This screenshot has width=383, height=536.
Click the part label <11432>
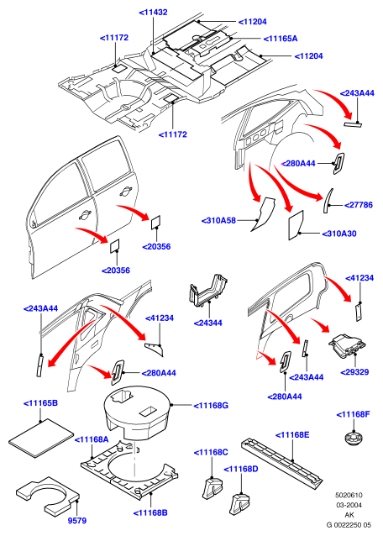click(x=153, y=13)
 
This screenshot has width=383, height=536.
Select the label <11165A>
click(x=281, y=39)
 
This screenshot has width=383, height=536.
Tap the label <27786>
click(x=359, y=205)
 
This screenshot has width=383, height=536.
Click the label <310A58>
click(x=218, y=220)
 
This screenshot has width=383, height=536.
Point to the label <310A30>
click(x=339, y=234)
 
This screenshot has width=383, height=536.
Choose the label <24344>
click(x=207, y=323)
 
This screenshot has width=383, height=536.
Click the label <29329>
click(x=354, y=372)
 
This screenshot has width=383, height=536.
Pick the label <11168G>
click(x=211, y=406)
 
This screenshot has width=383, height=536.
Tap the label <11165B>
click(x=40, y=403)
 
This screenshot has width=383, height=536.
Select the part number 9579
click(x=77, y=521)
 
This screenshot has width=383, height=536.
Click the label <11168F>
click(x=354, y=414)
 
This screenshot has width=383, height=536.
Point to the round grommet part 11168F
click(x=354, y=439)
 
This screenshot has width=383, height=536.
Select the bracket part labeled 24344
click(x=207, y=291)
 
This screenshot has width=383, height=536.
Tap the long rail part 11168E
click(x=281, y=460)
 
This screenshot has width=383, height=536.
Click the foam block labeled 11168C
click(x=212, y=488)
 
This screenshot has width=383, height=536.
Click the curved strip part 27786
click(x=328, y=201)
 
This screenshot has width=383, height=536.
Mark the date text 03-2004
click(x=349, y=505)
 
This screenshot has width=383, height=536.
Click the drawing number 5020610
click(x=349, y=495)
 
